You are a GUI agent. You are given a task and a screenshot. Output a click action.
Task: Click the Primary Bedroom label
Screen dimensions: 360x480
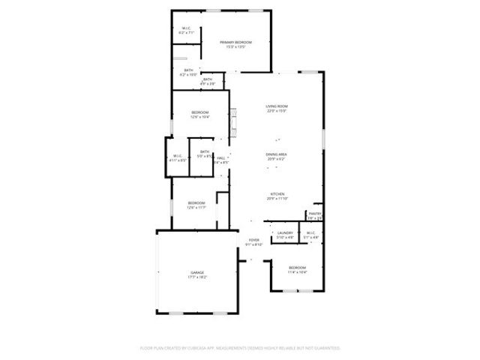(x=235, y=42)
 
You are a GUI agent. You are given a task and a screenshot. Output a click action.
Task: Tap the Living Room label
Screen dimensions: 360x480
(x=277, y=106)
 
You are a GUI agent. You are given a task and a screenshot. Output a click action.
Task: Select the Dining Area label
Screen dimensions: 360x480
(x=277, y=154)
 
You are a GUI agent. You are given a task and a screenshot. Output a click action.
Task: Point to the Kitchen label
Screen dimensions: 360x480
(x=277, y=193)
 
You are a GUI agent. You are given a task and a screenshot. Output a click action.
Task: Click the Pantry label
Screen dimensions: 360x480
(x=314, y=213)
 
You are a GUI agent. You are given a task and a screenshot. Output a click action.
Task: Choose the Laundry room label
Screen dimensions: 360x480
(x=285, y=233)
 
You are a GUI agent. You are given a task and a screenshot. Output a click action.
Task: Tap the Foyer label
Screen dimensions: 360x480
(x=254, y=240)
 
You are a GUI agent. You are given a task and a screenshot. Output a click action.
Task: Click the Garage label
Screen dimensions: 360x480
(x=197, y=272)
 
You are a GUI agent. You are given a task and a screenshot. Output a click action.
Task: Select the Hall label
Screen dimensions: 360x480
(x=221, y=157)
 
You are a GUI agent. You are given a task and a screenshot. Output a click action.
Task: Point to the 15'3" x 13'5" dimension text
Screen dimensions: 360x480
(x=235, y=46)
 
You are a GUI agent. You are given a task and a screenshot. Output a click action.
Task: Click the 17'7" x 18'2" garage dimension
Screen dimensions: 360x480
(x=197, y=277)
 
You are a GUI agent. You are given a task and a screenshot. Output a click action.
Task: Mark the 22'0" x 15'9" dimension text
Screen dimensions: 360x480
(x=277, y=111)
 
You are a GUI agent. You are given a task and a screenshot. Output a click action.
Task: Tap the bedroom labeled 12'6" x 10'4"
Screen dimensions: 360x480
(x=199, y=114)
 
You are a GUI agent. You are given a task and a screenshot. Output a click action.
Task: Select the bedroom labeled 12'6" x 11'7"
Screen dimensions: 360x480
(x=196, y=204)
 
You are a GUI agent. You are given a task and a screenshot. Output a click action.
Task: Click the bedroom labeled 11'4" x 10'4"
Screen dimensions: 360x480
(x=298, y=269)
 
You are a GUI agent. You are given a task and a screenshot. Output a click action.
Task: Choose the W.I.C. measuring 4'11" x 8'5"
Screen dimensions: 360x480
(x=178, y=157)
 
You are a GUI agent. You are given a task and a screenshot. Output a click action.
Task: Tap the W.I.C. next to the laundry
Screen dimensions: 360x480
(x=311, y=235)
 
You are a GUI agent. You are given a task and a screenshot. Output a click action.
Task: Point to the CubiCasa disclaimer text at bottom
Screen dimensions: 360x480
(x=240, y=348)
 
